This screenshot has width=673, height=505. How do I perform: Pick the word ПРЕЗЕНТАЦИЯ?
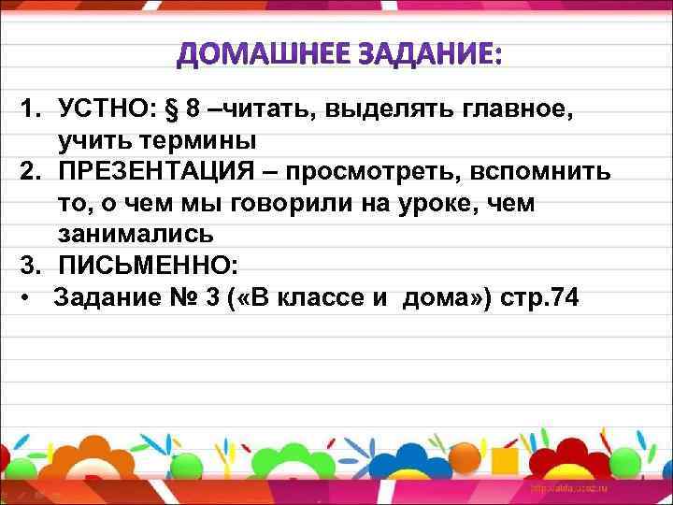[165, 174]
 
